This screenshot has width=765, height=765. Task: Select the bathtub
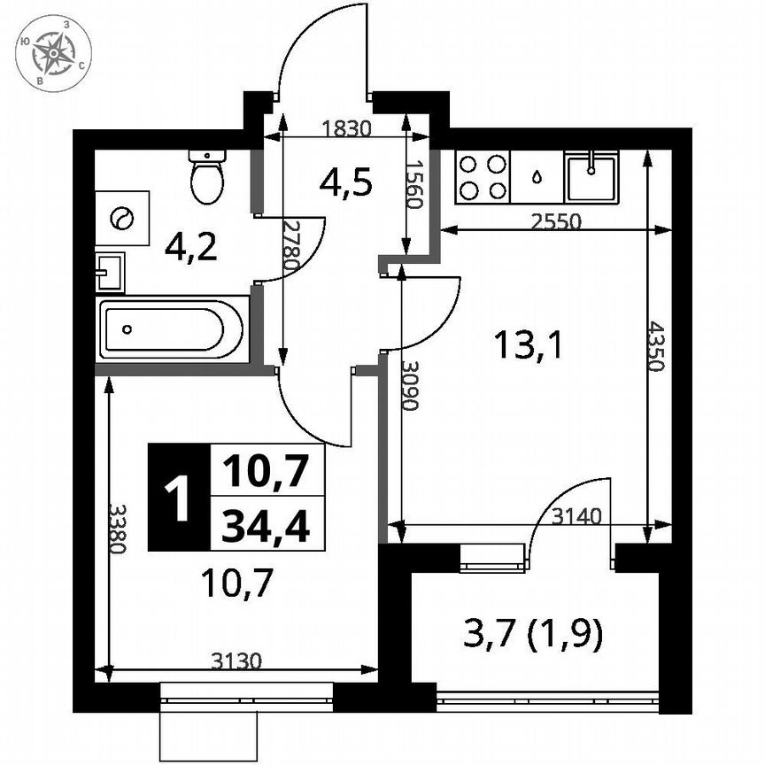click(x=171, y=329)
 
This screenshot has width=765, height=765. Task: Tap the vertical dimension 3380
click(x=116, y=529)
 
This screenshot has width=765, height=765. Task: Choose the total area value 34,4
click(x=266, y=528)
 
